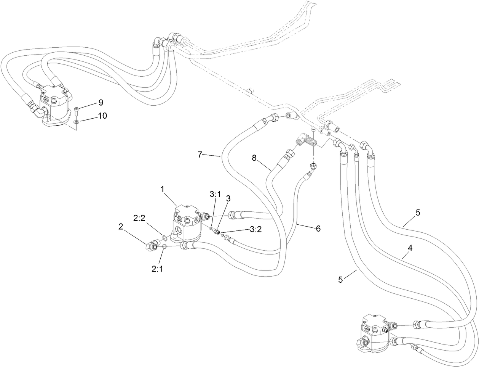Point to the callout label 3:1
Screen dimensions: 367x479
(x=215, y=194)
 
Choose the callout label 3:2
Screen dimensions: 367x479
(x=255, y=230)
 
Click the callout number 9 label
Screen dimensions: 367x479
(x=101, y=102)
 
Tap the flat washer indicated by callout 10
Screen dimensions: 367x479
(x=77, y=122)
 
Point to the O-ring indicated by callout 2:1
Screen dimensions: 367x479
(x=164, y=248)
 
